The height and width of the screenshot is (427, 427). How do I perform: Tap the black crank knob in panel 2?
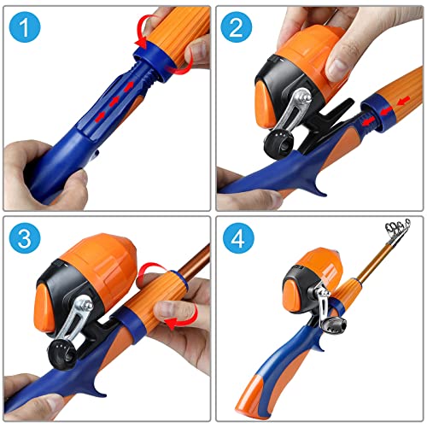(x=278, y=143)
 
